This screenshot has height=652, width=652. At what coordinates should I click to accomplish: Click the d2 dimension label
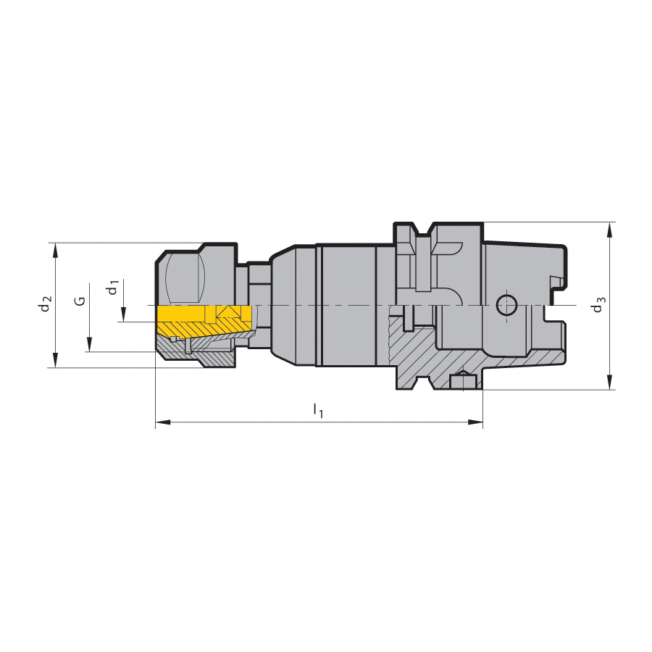click(x=46, y=304)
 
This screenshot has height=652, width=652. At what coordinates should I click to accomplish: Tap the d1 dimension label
click(x=113, y=288)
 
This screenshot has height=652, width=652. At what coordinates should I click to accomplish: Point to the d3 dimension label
click(x=598, y=304)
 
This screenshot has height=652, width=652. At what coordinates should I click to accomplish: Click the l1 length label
click(x=318, y=410)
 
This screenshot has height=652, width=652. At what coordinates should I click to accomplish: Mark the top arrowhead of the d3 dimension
click(x=609, y=230)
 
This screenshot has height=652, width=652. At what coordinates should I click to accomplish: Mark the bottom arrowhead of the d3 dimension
click(x=609, y=382)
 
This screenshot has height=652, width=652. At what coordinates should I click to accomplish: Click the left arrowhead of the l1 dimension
click(x=164, y=422)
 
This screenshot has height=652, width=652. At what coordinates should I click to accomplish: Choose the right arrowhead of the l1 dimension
click(x=475, y=422)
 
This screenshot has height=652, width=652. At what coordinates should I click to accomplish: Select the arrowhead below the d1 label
click(x=123, y=314)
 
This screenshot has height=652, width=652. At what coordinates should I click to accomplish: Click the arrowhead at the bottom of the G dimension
click(x=89, y=344)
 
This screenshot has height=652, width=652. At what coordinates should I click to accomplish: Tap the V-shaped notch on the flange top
click(x=424, y=229)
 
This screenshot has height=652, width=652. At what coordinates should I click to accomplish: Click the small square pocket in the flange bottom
click(x=462, y=381)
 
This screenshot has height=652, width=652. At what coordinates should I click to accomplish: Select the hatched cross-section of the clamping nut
click(x=196, y=351)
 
